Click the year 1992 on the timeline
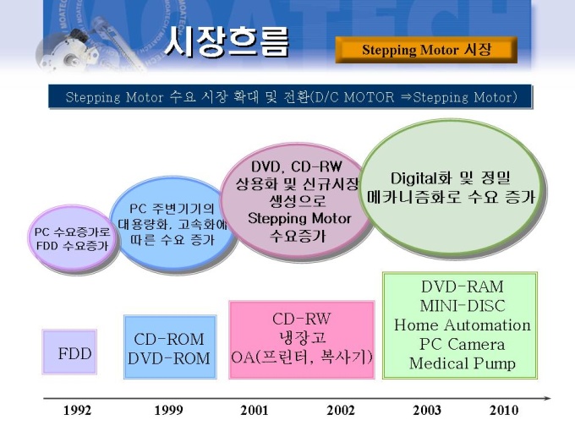point(78,410)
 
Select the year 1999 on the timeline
point(168,410)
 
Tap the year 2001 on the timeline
point(255,410)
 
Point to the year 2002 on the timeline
point(341,410)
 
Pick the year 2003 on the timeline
point(427,410)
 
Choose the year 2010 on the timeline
point(504,410)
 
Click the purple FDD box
point(69,352)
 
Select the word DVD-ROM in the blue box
point(169,358)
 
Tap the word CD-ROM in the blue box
point(169,339)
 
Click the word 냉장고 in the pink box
point(302,337)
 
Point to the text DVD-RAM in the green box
point(462,286)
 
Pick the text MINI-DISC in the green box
point(462,306)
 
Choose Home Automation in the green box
point(462,325)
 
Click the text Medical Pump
point(462,363)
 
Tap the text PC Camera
point(462,344)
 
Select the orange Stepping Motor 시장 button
point(426,50)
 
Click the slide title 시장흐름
point(227,42)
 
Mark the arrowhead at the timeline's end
point(548,398)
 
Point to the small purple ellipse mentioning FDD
point(72,238)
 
